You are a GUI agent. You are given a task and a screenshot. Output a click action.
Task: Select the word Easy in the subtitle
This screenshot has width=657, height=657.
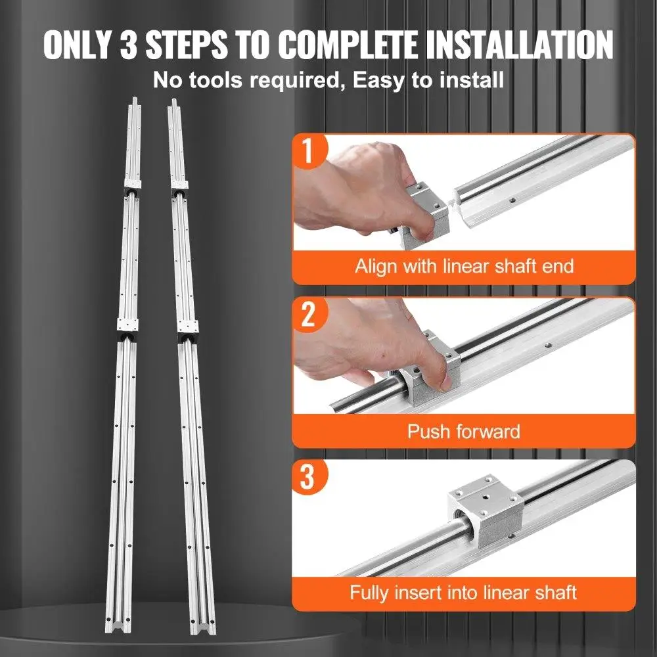[378, 80]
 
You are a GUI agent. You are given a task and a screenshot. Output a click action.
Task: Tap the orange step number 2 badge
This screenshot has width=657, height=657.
[309, 314]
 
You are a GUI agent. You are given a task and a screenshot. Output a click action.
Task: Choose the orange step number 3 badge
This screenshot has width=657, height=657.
[309, 477]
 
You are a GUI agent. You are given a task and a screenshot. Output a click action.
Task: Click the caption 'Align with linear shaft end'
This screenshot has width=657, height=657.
[464, 267]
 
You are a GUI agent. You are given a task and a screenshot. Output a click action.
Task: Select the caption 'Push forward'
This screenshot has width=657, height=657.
[463, 431]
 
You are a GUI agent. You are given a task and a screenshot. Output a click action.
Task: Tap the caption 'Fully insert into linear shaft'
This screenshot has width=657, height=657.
[463, 593]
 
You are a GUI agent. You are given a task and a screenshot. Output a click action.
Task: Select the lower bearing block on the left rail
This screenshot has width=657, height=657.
[127, 329]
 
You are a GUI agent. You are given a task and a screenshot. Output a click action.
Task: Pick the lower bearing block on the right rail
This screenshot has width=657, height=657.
[187, 330]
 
